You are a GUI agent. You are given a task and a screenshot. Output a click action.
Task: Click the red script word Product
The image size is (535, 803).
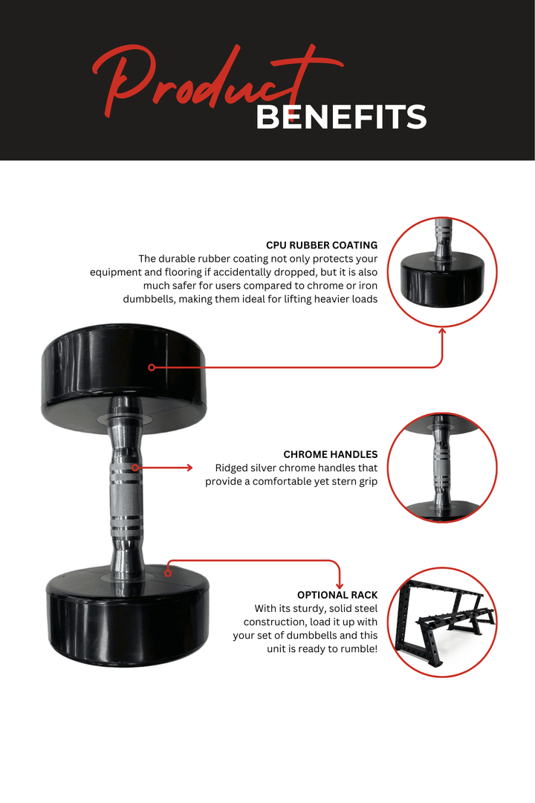click(x=201, y=82)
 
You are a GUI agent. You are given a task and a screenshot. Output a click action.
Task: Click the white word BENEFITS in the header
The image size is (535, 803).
click(x=341, y=117)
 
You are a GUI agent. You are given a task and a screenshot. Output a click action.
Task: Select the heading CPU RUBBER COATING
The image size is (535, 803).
click(x=322, y=245)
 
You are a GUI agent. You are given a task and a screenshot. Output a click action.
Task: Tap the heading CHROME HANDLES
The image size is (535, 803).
click(x=330, y=454)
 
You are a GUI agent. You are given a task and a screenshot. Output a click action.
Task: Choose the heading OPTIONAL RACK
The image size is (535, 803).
click(x=337, y=595)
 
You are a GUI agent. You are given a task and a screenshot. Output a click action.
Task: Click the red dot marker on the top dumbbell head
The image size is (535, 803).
click(x=151, y=367)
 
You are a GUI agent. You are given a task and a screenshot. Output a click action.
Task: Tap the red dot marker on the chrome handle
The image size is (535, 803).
click(x=134, y=468)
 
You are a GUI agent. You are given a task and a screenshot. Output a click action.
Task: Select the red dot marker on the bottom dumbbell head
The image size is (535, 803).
click(x=168, y=573)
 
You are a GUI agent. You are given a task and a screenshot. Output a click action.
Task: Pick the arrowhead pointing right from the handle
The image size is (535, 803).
click(x=188, y=468)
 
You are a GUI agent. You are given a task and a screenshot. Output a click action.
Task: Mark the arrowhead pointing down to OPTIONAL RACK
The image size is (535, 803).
click(x=340, y=585)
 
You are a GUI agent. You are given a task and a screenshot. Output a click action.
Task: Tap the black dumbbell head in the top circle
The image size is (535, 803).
click(x=442, y=277)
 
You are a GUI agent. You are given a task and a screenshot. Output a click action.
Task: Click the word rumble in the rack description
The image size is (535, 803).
click(x=357, y=649)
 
